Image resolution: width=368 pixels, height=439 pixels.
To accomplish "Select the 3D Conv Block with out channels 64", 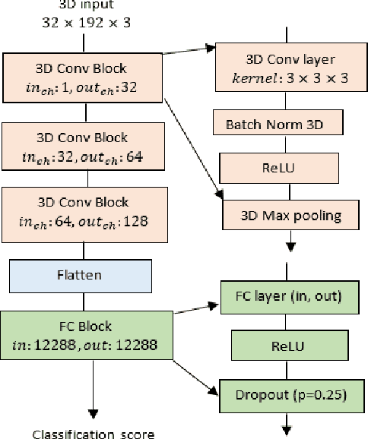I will click(x=86, y=147).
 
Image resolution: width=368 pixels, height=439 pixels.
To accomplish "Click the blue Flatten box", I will click(x=87, y=272).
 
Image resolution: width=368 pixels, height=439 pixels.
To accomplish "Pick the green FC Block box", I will click(x=86, y=335).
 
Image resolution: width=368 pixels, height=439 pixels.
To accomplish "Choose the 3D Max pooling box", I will click(x=290, y=216).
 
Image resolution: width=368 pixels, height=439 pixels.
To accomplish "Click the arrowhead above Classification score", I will click(x=94, y=414).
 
